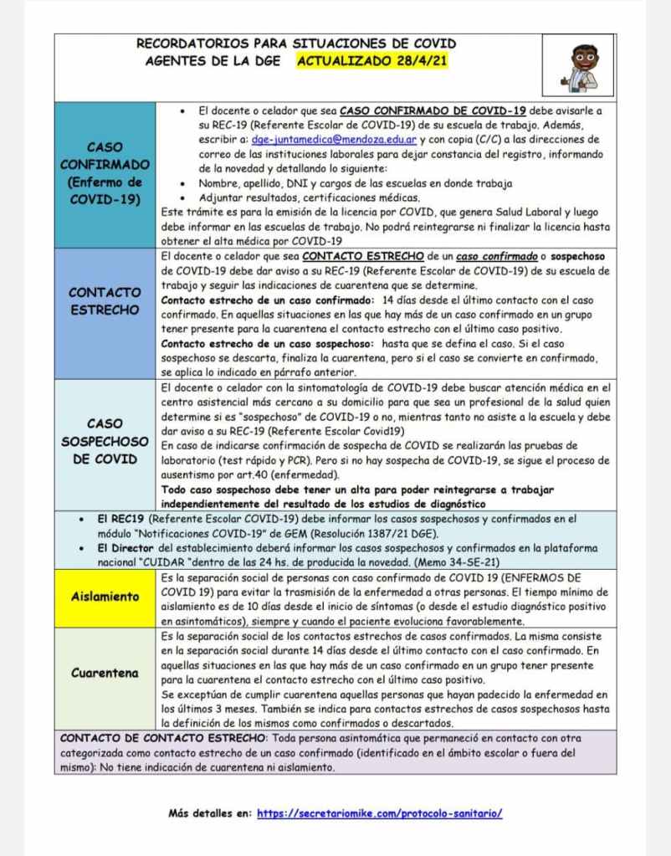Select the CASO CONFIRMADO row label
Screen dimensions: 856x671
point(106,172)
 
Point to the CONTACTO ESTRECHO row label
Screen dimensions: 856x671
point(106,302)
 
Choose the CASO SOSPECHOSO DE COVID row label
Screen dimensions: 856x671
point(106,441)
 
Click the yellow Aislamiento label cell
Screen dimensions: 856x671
point(106,597)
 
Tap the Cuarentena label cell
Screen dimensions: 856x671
point(106,673)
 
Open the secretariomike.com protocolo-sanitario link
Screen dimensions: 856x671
point(379,812)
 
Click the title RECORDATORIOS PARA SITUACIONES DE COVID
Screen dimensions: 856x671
point(297,44)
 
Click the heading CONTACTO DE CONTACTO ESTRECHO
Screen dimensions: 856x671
point(161,738)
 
